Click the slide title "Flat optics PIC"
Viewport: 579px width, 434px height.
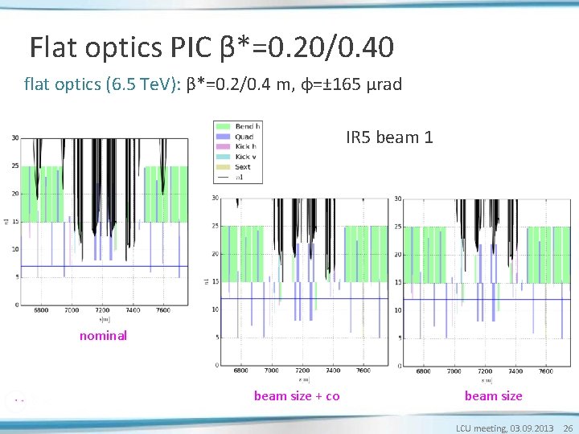coord(121,48)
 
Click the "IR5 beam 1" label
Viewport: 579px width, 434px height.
coord(389,137)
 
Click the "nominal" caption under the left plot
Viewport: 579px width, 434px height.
coord(103,336)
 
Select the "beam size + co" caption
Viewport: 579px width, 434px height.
coord(297,395)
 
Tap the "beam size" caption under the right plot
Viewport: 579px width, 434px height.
coord(493,395)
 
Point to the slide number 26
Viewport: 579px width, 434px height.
coord(568,428)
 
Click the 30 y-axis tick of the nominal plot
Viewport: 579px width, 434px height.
coord(15,137)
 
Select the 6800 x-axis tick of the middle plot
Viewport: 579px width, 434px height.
coord(240,371)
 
